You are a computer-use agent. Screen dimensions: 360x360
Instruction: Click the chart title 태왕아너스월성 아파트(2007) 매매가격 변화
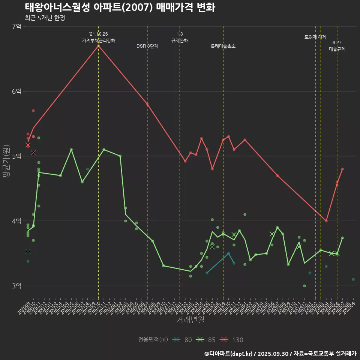click(120, 7)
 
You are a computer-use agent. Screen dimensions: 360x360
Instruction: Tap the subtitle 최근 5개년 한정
click(45, 18)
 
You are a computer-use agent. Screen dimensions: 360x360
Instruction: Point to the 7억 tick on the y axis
click(16, 26)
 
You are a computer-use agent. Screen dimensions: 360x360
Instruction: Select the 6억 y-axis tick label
click(16, 91)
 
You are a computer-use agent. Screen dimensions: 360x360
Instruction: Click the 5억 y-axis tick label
click(16, 156)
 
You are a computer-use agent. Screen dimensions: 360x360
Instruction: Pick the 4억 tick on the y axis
click(16, 221)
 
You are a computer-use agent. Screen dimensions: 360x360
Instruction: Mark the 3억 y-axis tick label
click(16, 286)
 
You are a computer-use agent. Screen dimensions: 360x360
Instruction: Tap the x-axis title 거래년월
click(190, 319)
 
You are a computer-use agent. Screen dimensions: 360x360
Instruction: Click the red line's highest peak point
click(98, 46)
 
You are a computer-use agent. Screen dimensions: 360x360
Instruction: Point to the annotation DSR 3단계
click(147, 46)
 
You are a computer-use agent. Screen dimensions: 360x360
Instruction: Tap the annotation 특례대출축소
click(223, 46)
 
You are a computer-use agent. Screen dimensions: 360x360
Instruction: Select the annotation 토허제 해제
click(315, 37)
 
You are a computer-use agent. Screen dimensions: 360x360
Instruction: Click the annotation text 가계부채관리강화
click(99, 40)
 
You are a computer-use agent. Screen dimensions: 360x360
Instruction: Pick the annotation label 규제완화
click(180, 40)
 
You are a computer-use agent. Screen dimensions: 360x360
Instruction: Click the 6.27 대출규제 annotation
click(337, 46)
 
